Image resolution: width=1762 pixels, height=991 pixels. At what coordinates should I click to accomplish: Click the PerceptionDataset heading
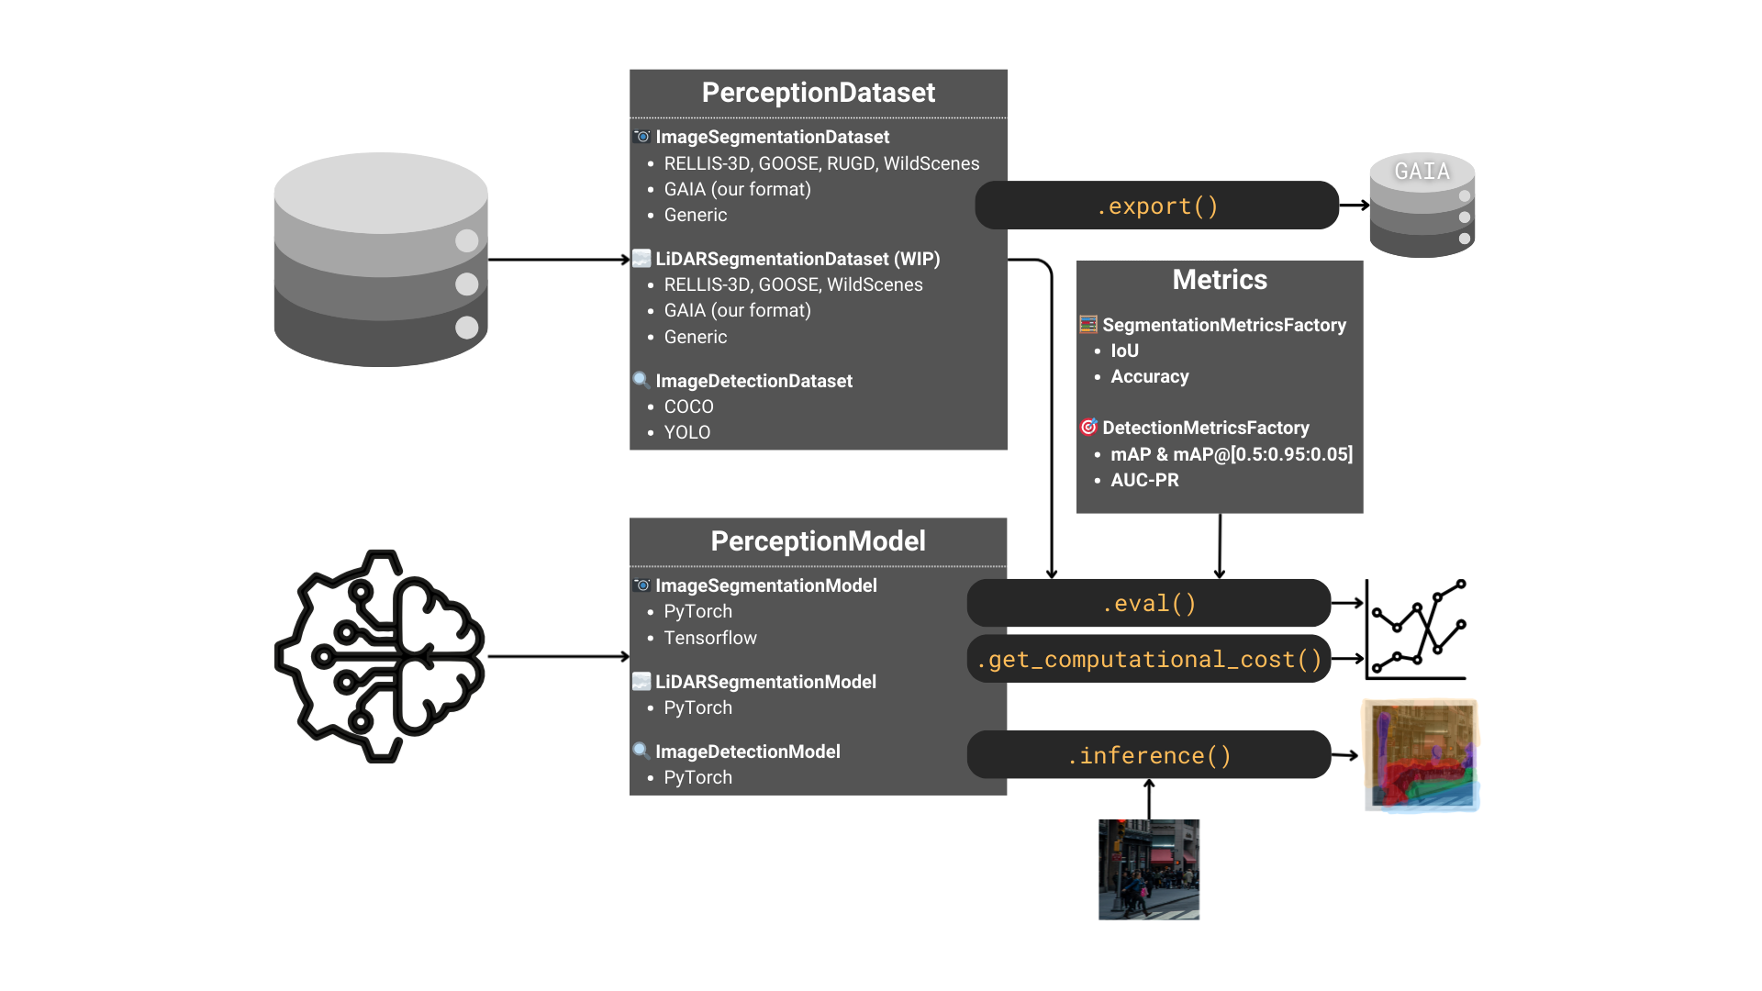818,93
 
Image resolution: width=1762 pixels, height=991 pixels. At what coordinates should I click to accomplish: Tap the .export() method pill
1156,206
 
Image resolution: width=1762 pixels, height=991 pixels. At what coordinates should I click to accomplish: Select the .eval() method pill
1148,603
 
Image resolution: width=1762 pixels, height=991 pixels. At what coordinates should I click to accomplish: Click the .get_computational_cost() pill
1148,659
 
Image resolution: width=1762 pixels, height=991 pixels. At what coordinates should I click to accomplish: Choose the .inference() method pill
1148,755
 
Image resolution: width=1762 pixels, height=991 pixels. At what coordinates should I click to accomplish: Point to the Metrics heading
1219,280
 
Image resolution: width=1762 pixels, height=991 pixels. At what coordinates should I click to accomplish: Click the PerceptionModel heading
818,541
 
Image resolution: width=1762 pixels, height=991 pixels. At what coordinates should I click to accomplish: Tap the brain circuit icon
380,656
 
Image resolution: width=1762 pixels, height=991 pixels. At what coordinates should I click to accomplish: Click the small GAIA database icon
1422,206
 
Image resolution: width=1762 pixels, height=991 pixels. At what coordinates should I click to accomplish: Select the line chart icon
1416,629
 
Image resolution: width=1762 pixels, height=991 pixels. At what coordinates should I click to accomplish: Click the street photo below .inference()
1148,869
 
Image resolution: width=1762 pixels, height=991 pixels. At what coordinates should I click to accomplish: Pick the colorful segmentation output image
1421,756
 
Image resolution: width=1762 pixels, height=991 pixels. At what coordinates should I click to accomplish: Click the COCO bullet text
688,406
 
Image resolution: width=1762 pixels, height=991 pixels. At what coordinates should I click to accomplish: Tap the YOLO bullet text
686,432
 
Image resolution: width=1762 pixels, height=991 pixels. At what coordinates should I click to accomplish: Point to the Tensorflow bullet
709,638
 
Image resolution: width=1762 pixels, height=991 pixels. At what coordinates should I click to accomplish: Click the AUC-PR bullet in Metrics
1144,480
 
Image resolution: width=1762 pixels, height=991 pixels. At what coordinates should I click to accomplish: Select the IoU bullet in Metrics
1124,351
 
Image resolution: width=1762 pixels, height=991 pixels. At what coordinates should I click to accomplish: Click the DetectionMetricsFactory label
1205,428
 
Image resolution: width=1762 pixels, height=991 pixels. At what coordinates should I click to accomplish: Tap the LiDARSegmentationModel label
765,682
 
